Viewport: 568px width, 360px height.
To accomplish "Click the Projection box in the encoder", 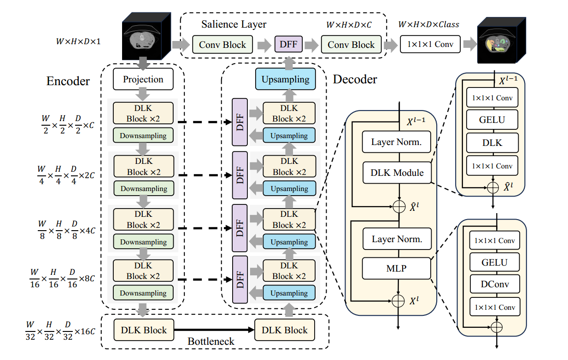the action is [143, 79].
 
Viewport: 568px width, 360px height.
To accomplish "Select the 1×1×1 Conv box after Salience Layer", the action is [430, 45].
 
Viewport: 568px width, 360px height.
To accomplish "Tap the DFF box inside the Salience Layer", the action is [288, 45].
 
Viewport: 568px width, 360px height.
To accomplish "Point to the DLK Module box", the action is [397, 173].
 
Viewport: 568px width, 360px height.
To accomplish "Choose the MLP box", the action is [397, 268].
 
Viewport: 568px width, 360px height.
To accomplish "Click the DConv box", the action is [495, 284].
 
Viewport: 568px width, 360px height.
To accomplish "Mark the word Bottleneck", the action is [211, 342].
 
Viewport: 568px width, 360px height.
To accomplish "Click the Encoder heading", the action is [68, 81].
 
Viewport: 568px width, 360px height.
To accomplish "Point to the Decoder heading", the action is [355, 79].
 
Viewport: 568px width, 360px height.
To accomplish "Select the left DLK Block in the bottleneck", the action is [144, 330].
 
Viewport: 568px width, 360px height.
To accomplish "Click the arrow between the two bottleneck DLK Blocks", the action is [214, 330].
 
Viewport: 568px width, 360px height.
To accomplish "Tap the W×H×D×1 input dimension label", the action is [78, 41].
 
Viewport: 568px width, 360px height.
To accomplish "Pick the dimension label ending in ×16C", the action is [60, 331].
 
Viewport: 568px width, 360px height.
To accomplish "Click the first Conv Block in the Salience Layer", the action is [223, 45].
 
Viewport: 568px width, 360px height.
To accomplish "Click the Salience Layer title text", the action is [234, 24].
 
